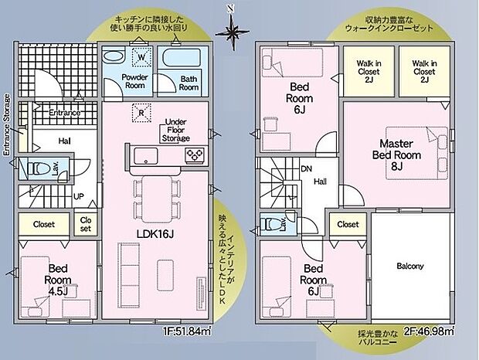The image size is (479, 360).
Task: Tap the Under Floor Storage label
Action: coord(177,131)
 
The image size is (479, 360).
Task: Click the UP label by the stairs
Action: coord(79,196)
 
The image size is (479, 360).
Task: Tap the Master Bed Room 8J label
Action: coord(395,154)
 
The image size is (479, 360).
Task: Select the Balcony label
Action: coord(409,266)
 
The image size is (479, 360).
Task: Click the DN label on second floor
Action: coord(306,168)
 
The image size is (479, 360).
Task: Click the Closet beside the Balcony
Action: coord(348,225)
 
